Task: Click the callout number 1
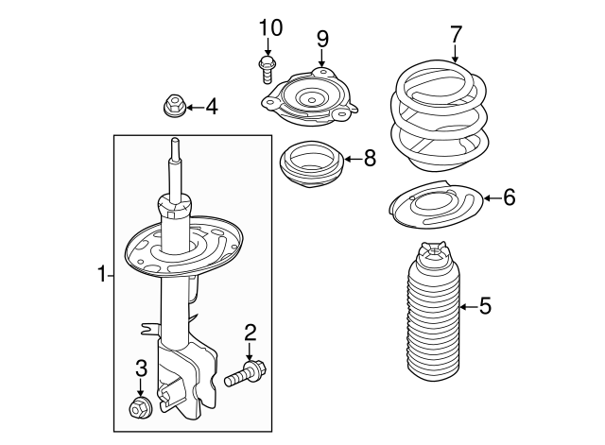tap(101, 275)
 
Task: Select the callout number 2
tap(251, 332)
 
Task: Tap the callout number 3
tap(140, 368)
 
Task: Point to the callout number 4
tap(211, 107)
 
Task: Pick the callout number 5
tap(485, 305)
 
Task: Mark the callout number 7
tap(456, 35)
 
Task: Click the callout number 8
tap(369, 159)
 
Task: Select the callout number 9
tap(322, 39)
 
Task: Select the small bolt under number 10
tap(267, 68)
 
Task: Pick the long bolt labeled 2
tap(245, 373)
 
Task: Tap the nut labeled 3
tap(138, 409)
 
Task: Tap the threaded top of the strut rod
tap(175, 150)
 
